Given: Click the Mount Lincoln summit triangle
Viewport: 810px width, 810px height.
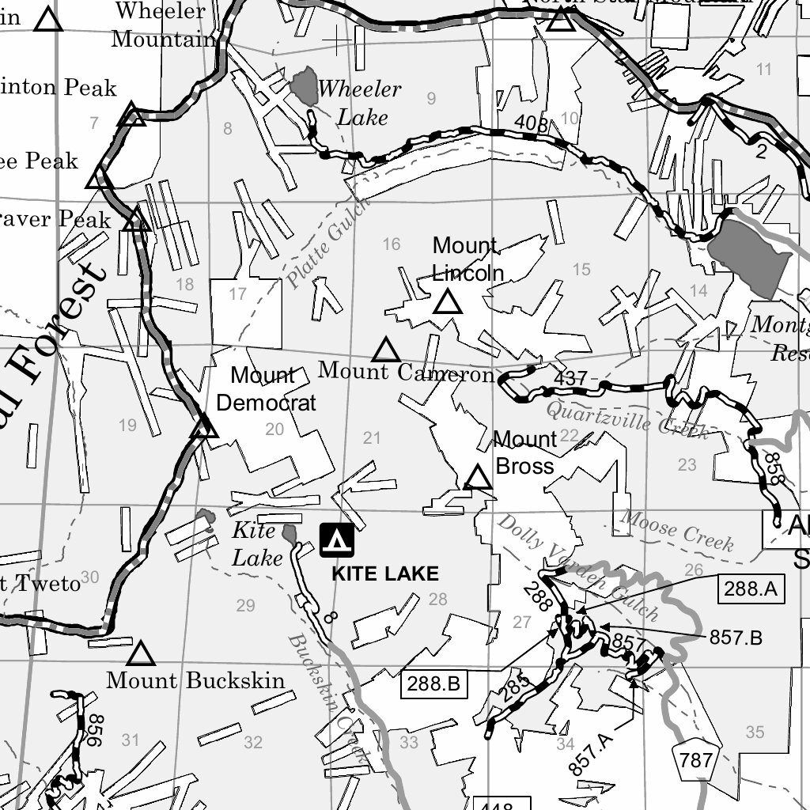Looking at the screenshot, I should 447,302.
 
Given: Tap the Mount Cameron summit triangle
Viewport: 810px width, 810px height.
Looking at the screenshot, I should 386,350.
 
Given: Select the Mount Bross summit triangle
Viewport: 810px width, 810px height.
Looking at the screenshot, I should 478,478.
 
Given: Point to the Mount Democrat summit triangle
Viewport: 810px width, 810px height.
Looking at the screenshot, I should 204,428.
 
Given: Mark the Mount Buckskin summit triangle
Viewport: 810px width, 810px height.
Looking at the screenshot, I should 141,654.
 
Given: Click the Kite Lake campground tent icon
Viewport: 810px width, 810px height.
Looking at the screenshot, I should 337,540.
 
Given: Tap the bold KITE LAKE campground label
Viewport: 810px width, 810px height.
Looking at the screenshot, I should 384,573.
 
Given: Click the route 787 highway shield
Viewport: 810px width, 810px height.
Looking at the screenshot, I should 696,761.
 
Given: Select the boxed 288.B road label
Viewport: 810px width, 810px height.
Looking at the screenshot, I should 434,683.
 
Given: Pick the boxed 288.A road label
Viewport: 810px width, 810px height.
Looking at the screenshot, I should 750,588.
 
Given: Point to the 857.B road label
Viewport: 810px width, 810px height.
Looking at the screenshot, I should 736,638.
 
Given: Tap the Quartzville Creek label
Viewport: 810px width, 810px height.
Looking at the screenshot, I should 626,419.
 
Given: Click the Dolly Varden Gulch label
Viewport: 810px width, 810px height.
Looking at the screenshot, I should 577,566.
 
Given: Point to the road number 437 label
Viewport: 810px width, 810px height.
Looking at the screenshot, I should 570,378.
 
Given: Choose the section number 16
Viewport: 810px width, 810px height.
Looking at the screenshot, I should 392,244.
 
